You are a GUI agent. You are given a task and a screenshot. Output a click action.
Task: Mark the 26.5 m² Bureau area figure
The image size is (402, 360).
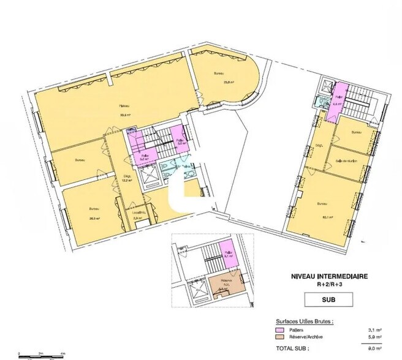94,216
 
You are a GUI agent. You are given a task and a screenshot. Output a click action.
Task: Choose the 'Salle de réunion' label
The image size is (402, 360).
346,160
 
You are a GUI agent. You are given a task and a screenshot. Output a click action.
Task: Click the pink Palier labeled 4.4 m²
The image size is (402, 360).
337,100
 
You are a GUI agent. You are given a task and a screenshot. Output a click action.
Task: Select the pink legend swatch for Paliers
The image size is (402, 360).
278,329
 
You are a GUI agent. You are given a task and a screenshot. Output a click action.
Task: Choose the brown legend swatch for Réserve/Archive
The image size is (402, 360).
278,337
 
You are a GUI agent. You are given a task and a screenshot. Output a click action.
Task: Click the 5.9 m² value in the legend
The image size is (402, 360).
372,337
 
